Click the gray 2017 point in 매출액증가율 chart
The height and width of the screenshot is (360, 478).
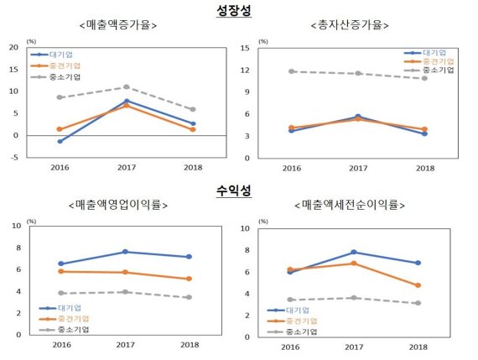tap(126, 86)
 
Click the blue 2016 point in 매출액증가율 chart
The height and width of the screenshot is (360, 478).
tap(60, 141)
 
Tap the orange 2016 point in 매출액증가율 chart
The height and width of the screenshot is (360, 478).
tap(60, 129)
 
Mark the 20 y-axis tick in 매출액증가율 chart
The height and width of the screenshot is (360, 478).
tap(13, 48)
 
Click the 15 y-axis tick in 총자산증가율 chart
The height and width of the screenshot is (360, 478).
tap(244, 48)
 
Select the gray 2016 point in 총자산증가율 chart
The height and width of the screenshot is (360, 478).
tap(291, 71)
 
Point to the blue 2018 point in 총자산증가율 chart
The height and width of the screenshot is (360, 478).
tap(425, 133)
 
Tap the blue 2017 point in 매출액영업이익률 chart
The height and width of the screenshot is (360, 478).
tap(126, 252)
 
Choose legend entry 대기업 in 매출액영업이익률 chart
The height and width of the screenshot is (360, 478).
tap(78, 309)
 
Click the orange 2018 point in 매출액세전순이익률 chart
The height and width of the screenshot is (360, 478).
tap(418, 285)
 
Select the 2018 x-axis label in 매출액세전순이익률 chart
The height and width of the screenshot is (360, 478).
tap(418, 347)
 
